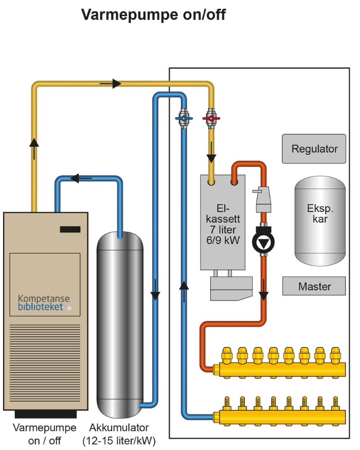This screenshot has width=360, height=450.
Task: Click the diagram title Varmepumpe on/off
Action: [x=153, y=15]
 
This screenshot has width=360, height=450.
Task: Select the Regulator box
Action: [x=314, y=148]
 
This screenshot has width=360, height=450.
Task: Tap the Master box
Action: [x=314, y=286]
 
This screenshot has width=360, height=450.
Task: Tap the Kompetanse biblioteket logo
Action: [x=44, y=302]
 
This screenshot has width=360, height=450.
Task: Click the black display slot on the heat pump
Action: [x=70, y=229]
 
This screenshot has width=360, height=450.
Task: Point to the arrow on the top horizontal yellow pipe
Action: [x=116, y=83]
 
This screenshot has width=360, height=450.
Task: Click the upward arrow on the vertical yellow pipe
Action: [x=34, y=142]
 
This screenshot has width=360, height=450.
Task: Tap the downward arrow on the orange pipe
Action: [x=263, y=295]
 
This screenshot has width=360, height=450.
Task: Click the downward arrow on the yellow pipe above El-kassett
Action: [x=211, y=158]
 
